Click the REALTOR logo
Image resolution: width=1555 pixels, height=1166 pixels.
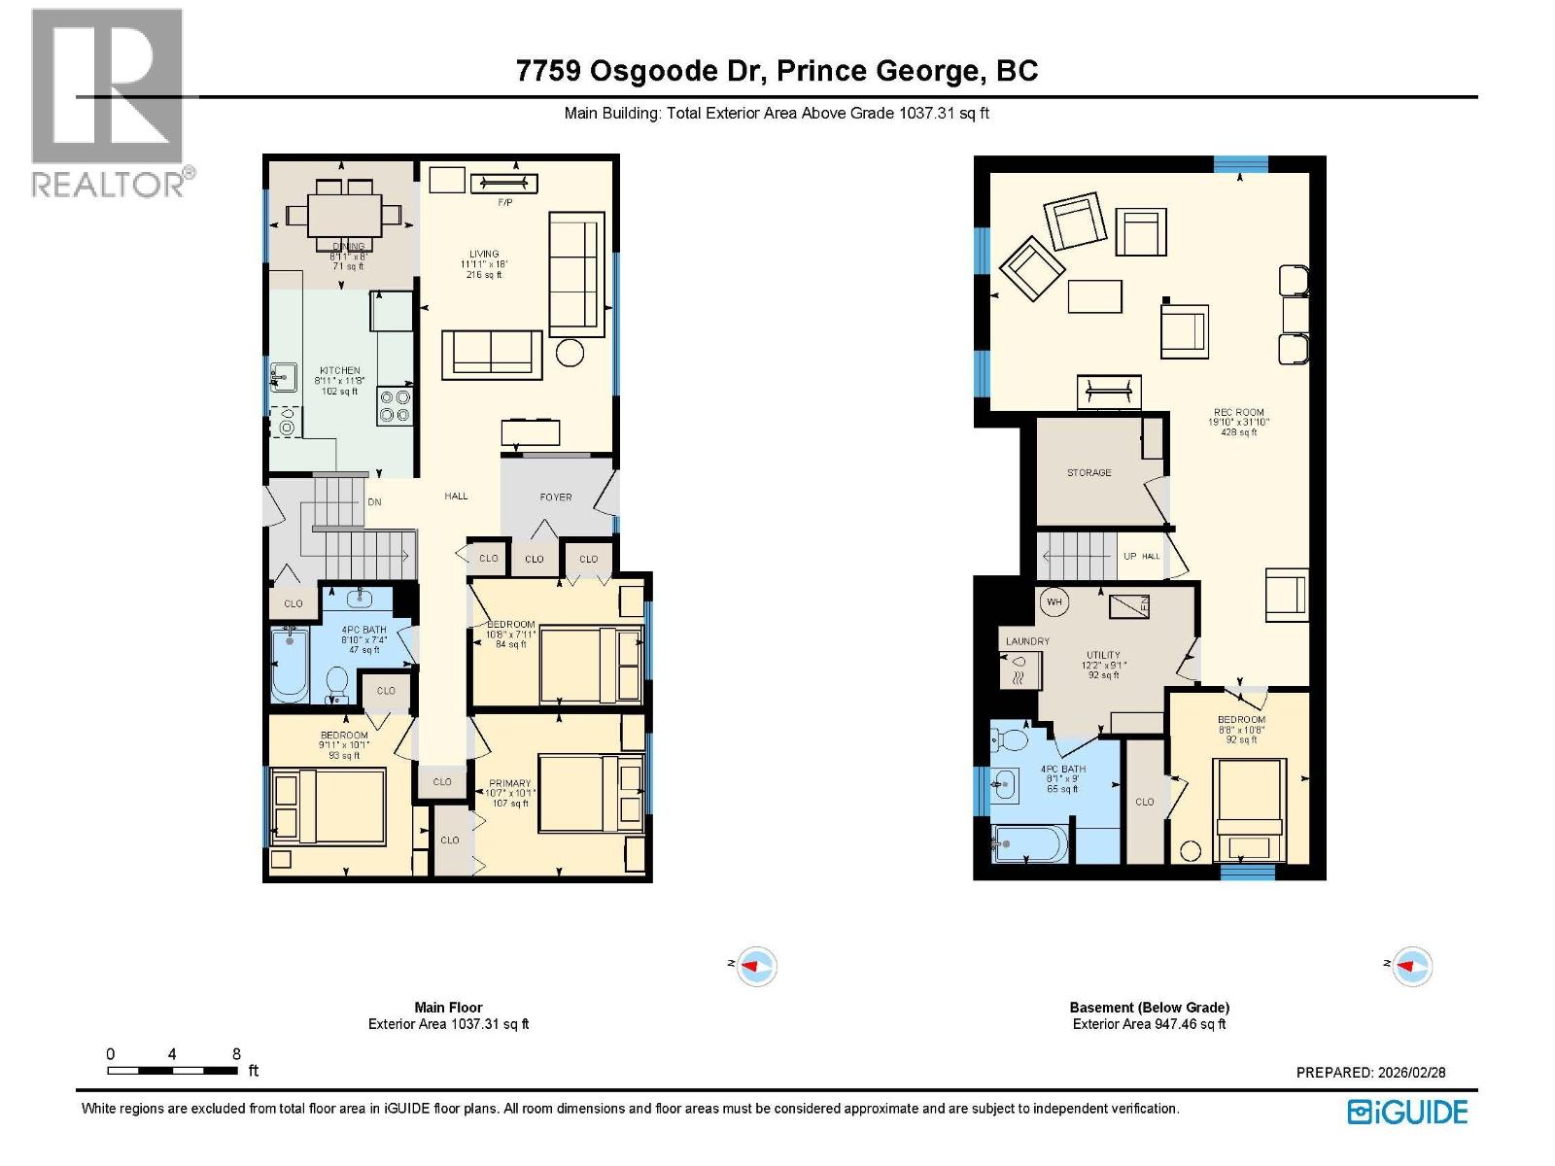(x=107, y=102)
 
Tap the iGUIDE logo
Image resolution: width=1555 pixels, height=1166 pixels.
(x=1406, y=1112)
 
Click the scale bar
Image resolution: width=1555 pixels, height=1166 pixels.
(x=172, y=1071)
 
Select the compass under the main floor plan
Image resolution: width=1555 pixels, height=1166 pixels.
(x=756, y=966)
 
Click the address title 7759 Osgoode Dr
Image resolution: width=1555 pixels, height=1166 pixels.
(x=777, y=71)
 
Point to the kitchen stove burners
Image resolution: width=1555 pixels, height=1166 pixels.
(x=396, y=405)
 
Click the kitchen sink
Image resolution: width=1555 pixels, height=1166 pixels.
(x=283, y=375)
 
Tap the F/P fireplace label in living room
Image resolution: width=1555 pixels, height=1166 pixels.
(x=504, y=202)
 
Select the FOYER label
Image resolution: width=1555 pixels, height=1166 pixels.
(x=556, y=497)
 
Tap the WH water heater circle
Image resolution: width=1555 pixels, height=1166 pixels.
(x=1054, y=602)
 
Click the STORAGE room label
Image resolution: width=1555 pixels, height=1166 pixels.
(x=1088, y=472)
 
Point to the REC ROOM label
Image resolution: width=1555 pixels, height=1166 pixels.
(x=1238, y=412)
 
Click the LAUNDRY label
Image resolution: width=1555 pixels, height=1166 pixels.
(x=1027, y=641)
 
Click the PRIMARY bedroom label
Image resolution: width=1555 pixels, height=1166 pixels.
(x=510, y=783)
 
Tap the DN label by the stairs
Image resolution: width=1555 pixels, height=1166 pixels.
(x=374, y=502)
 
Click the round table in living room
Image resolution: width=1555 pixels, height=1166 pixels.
(x=570, y=353)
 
